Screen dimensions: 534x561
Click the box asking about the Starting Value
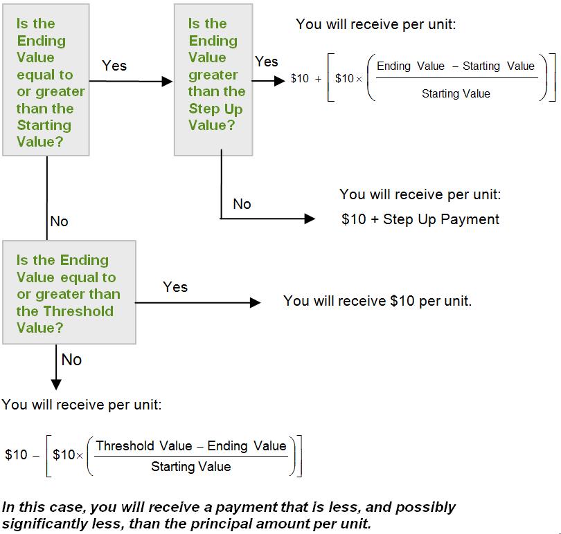pyautogui.click(x=46, y=80)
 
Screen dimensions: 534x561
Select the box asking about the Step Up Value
pyautogui.click(x=213, y=80)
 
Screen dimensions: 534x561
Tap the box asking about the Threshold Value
pyautogui.click(x=69, y=293)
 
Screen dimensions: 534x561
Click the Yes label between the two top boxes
pyautogui.click(x=114, y=66)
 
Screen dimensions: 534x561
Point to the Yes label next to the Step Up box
pyautogui.click(x=267, y=62)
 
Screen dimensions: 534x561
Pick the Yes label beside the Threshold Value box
pyautogui.click(x=175, y=287)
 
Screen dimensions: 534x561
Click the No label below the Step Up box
pyautogui.click(x=242, y=204)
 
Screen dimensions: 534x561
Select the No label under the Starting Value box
pyautogui.click(x=60, y=221)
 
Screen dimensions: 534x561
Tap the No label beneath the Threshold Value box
pyautogui.click(x=71, y=360)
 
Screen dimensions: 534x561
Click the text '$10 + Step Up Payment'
pyautogui.click(x=420, y=219)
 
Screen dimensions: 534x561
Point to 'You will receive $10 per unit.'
pyautogui.click(x=377, y=301)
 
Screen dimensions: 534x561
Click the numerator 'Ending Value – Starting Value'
pyautogui.click(x=456, y=66)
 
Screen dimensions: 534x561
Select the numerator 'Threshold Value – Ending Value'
pyautogui.click(x=191, y=446)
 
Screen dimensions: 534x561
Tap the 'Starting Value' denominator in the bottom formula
pyautogui.click(x=191, y=467)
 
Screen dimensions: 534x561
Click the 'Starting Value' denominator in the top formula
pyautogui.click(x=456, y=93)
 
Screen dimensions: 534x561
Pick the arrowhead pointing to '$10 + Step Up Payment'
pyautogui.click(x=310, y=219)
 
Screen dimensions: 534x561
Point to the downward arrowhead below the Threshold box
pyautogui.click(x=56, y=384)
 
